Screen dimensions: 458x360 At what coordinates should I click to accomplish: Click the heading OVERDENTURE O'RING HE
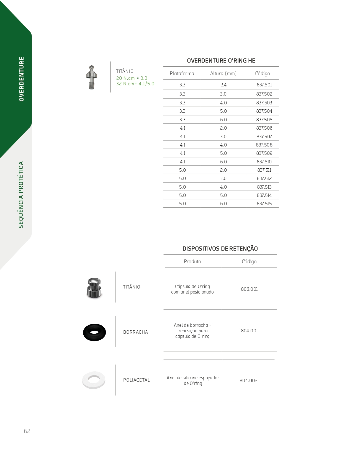(x=221, y=61)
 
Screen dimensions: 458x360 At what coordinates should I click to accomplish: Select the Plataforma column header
(x=182, y=74)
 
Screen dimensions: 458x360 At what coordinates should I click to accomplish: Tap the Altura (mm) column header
(x=223, y=74)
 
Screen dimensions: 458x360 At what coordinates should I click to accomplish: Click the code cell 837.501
(x=264, y=85)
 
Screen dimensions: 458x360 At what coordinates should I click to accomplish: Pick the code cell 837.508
(x=264, y=145)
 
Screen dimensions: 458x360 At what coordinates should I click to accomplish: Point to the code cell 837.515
(x=264, y=204)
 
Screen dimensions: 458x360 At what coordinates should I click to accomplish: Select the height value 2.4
(x=223, y=85)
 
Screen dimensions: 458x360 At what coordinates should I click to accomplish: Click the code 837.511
(x=264, y=170)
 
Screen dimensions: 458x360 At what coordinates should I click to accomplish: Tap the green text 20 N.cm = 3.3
(x=132, y=78)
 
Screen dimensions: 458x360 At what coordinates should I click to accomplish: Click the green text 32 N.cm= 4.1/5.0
(x=135, y=84)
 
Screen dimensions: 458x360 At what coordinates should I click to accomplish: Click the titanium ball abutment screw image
(x=92, y=77)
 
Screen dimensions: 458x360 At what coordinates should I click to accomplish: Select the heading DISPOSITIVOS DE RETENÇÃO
(x=220, y=249)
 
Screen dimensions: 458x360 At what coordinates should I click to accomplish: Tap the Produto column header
(x=192, y=262)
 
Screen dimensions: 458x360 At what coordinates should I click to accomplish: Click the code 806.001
(x=249, y=289)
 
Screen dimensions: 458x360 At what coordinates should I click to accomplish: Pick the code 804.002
(x=248, y=380)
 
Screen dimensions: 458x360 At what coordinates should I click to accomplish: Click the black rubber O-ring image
(x=94, y=332)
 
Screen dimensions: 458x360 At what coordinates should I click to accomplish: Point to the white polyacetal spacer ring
(x=94, y=380)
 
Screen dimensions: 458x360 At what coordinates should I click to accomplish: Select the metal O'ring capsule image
(x=94, y=288)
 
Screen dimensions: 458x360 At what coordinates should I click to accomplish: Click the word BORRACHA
(x=135, y=332)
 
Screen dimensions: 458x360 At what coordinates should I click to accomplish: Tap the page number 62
(x=27, y=431)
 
